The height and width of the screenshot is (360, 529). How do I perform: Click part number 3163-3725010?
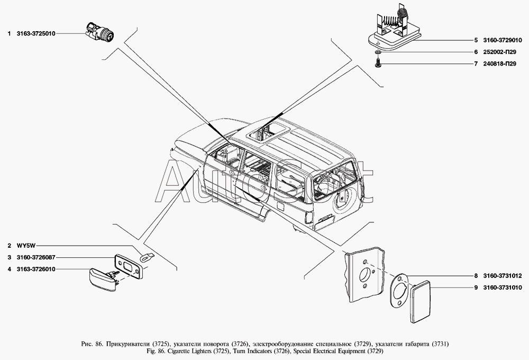36,34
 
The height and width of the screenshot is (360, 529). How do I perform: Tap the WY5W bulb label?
23,246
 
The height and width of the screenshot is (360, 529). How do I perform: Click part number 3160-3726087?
36,257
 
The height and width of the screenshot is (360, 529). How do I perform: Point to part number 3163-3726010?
36,269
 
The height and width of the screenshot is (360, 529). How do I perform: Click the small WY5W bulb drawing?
147,257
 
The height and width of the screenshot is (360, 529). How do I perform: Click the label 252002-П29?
500,52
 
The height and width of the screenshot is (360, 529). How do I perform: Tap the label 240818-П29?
500,64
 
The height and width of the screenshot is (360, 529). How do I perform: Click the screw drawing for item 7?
378,63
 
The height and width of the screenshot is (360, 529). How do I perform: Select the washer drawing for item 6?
378,52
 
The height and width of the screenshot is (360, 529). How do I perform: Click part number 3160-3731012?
503,276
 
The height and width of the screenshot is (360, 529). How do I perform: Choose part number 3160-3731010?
503,287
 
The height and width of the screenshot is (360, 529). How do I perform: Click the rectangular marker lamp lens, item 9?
421,301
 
